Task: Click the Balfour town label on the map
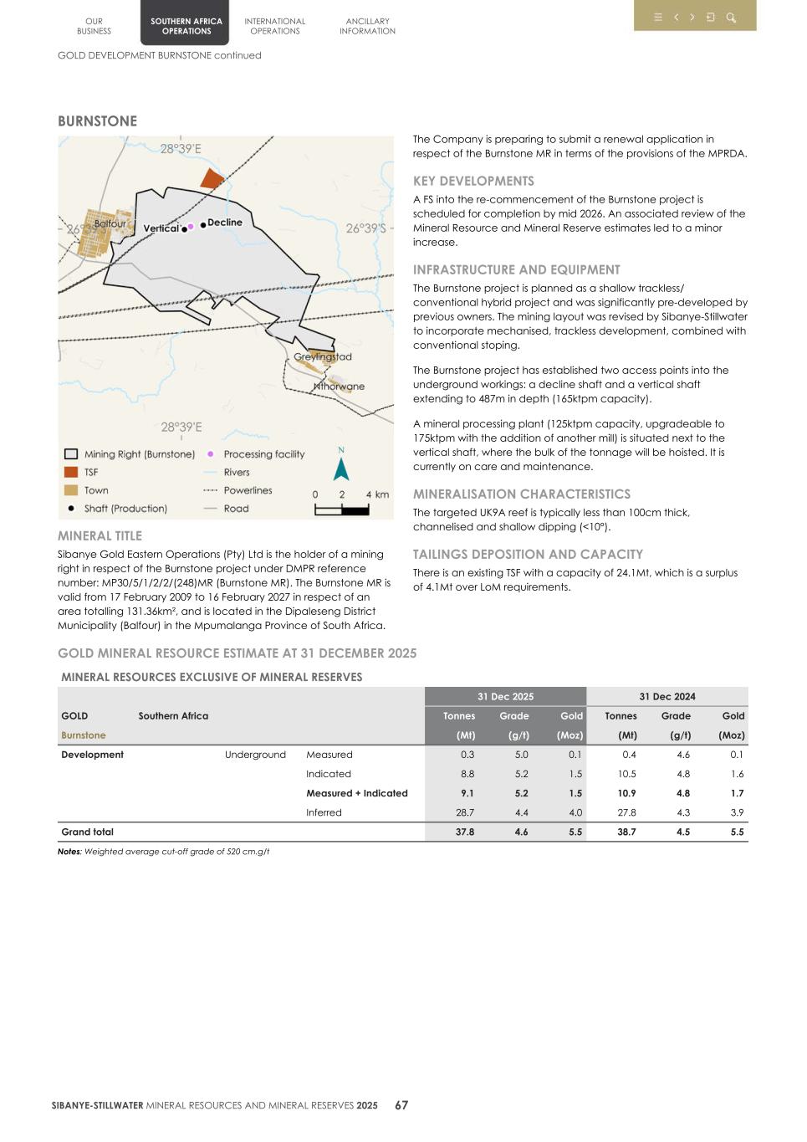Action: tap(110, 223)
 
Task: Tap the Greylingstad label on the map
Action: tap(323, 357)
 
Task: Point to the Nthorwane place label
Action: tap(339, 387)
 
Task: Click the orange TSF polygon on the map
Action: tap(212, 178)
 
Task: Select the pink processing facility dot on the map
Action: tap(191, 226)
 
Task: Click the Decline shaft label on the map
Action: tap(224, 223)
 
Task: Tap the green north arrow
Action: tap(341, 466)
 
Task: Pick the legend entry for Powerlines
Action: tap(248, 490)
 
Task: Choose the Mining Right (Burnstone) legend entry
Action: tap(139, 454)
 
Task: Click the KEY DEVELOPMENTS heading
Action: tap(473, 181)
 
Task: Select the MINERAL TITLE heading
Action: tap(100, 535)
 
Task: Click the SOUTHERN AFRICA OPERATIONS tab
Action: tap(186, 26)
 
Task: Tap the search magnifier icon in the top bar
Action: tap(731, 18)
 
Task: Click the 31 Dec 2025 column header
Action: tap(505, 696)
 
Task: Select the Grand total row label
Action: tap(87, 832)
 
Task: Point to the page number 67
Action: tap(401, 1105)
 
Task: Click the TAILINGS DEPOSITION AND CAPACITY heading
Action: tap(528, 554)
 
